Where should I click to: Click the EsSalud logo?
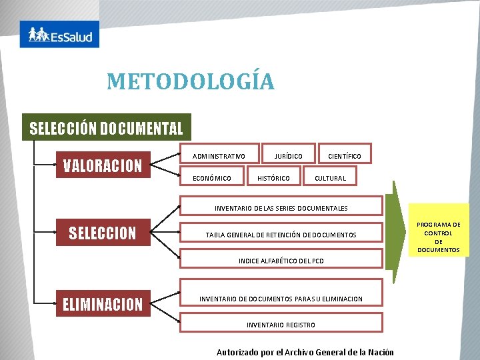click(x=59, y=34)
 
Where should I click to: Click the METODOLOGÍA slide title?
click(x=191, y=82)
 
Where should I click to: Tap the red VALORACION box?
click(x=103, y=165)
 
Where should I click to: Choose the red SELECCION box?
click(x=103, y=233)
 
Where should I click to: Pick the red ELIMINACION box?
click(x=103, y=305)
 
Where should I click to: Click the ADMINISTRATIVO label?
click(x=219, y=157)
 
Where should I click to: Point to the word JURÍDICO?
click(x=288, y=157)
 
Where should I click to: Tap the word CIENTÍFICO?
click(x=344, y=157)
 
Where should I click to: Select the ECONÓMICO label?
click(x=212, y=178)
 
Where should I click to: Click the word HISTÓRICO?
click(x=273, y=178)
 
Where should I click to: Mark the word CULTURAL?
click(x=330, y=178)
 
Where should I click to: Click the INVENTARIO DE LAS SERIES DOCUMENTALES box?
click(x=281, y=208)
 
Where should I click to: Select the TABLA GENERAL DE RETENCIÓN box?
click(x=281, y=235)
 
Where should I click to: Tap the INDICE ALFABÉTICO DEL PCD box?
click(x=281, y=261)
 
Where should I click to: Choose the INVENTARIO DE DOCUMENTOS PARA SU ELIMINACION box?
click(x=281, y=299)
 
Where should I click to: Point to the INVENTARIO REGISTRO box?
click(x=281, y=325)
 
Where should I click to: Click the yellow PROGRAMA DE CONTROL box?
click(x=438, y=237)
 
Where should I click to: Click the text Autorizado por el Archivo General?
click(x=305, y=352)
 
